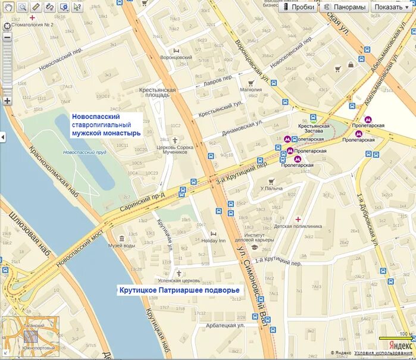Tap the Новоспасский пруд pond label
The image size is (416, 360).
84,152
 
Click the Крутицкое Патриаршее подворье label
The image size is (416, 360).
178,290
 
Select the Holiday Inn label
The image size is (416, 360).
214,241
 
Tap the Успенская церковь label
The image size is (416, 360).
179,280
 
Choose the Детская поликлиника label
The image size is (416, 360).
298,226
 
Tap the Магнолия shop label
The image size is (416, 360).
251,90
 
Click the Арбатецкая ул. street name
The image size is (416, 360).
226,325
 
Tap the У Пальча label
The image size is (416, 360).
271,189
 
